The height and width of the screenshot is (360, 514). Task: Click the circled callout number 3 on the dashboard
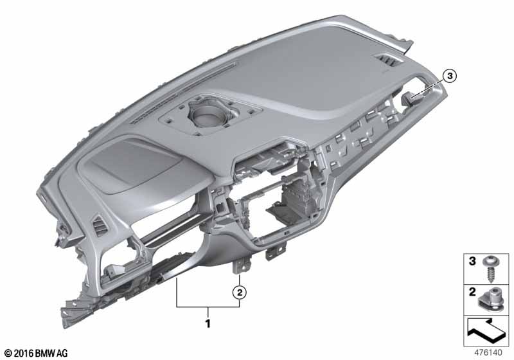tap(449, 76)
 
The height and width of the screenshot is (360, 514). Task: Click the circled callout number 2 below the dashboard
tap(240, 292)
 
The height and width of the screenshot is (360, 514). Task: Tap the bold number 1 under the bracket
tap(208, 323)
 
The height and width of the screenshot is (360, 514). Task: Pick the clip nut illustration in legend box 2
tap(490, 301)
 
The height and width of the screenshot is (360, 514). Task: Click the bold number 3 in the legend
tap(472, 261)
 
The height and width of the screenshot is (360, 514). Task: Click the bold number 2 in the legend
tap(472, 292)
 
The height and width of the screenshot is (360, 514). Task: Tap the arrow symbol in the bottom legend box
tap(486, 330)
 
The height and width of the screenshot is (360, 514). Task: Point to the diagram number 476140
tap(488, 352)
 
